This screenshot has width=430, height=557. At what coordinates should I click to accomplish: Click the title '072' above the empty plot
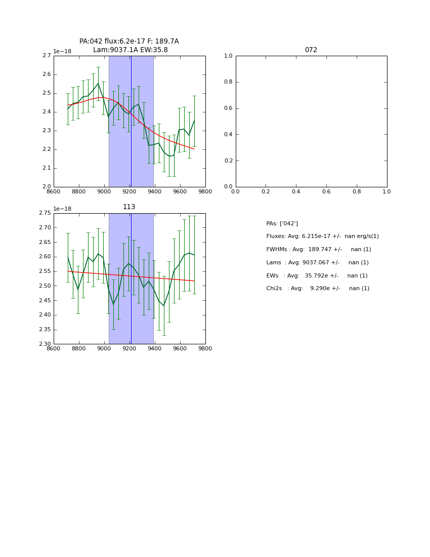[x=311, y=50]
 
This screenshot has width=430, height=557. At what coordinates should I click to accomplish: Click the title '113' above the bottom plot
[x=129, y=207]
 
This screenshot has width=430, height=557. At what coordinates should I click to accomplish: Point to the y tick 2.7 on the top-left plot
[x=46, y=56]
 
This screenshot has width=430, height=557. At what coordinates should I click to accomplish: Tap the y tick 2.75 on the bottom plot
[x=45, y=213]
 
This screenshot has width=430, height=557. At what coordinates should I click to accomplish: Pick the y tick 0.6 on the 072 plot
[x=228, y=108]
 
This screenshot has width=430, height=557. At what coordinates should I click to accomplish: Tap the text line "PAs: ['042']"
[x=282, y=223]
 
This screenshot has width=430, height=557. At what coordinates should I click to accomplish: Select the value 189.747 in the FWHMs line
[x=319, y=250]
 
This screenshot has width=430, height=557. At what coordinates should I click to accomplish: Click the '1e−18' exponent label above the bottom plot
[x=62, y=209]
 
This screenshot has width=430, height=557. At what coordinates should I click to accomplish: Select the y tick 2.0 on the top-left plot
[x=46, y=187]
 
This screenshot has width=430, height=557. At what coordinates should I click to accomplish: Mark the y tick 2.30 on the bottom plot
[x=45, y=344]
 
